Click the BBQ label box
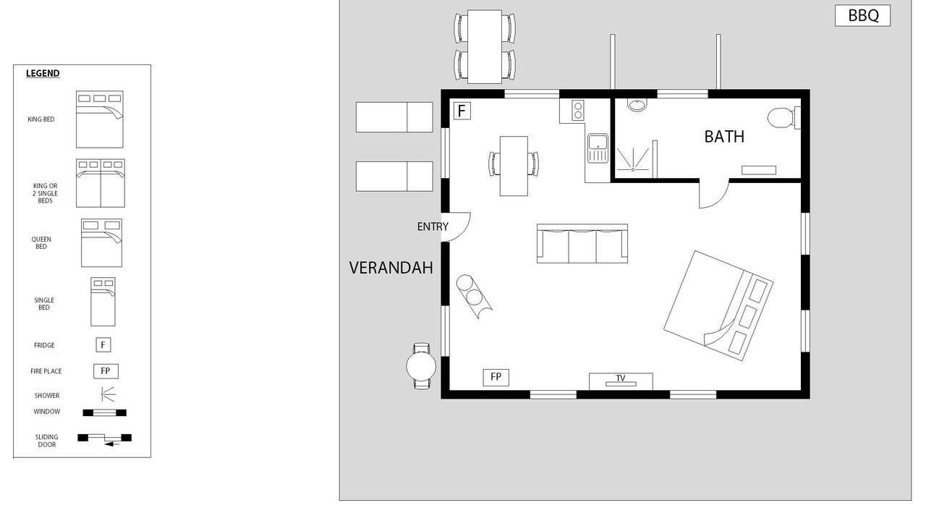[862, 16]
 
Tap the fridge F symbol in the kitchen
[462, 111]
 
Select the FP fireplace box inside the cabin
[496, 377]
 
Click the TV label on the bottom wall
[621, 378]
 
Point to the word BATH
[724, 137]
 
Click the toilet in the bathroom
[783, 118]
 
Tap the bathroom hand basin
[637, 105]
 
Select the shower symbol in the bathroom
[633, 160]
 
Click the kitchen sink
[598, 148]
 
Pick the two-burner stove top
[578, 111]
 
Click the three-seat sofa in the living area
[582, 244]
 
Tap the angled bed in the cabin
[718, 305]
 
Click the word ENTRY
[433, 226]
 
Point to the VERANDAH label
[391, 268]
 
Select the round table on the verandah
[421, 366]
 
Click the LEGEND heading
[43, 74]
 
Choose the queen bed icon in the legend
[101, 242]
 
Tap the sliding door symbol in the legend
[105, 439]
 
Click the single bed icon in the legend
[103, 302]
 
